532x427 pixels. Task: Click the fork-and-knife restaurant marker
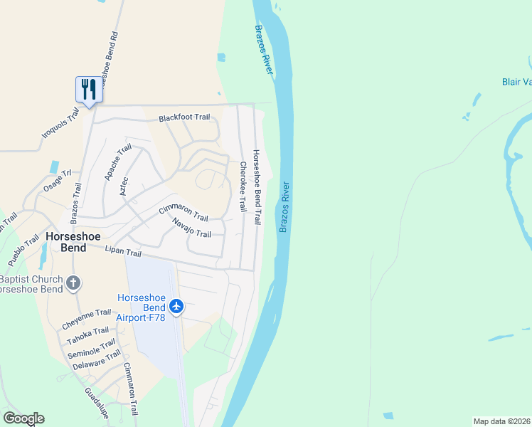pyautogui.click(x=89, y=89)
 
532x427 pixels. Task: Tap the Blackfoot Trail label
pyautogui.click(x=184, y=117)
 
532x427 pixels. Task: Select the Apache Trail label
pyautogui.click(x=119, y=162)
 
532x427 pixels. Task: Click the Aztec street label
pyautogui.click(x=125, y=186)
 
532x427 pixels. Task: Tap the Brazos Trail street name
pyautogui.click(x=76, y=200)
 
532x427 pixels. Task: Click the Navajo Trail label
pyautogui.click(x=191, y=228)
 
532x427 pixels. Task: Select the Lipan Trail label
pyautogui.click(x=123, y=253)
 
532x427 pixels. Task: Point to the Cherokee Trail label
pyautogui.click(x=243, y=186)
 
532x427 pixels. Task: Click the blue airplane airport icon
pyautogui.click(x=176, y=307)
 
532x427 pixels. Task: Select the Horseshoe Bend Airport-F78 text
pyautogui.click(x=142, y=307)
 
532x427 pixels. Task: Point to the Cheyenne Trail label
pyautogui.click(x=86, y=317)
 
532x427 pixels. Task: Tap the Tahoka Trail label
pyautogui.click(x=89, y=335)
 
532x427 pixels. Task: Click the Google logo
pyautogui.click(x=23, y=418)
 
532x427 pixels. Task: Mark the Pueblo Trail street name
pyautogui.click(x=24, y=251)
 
